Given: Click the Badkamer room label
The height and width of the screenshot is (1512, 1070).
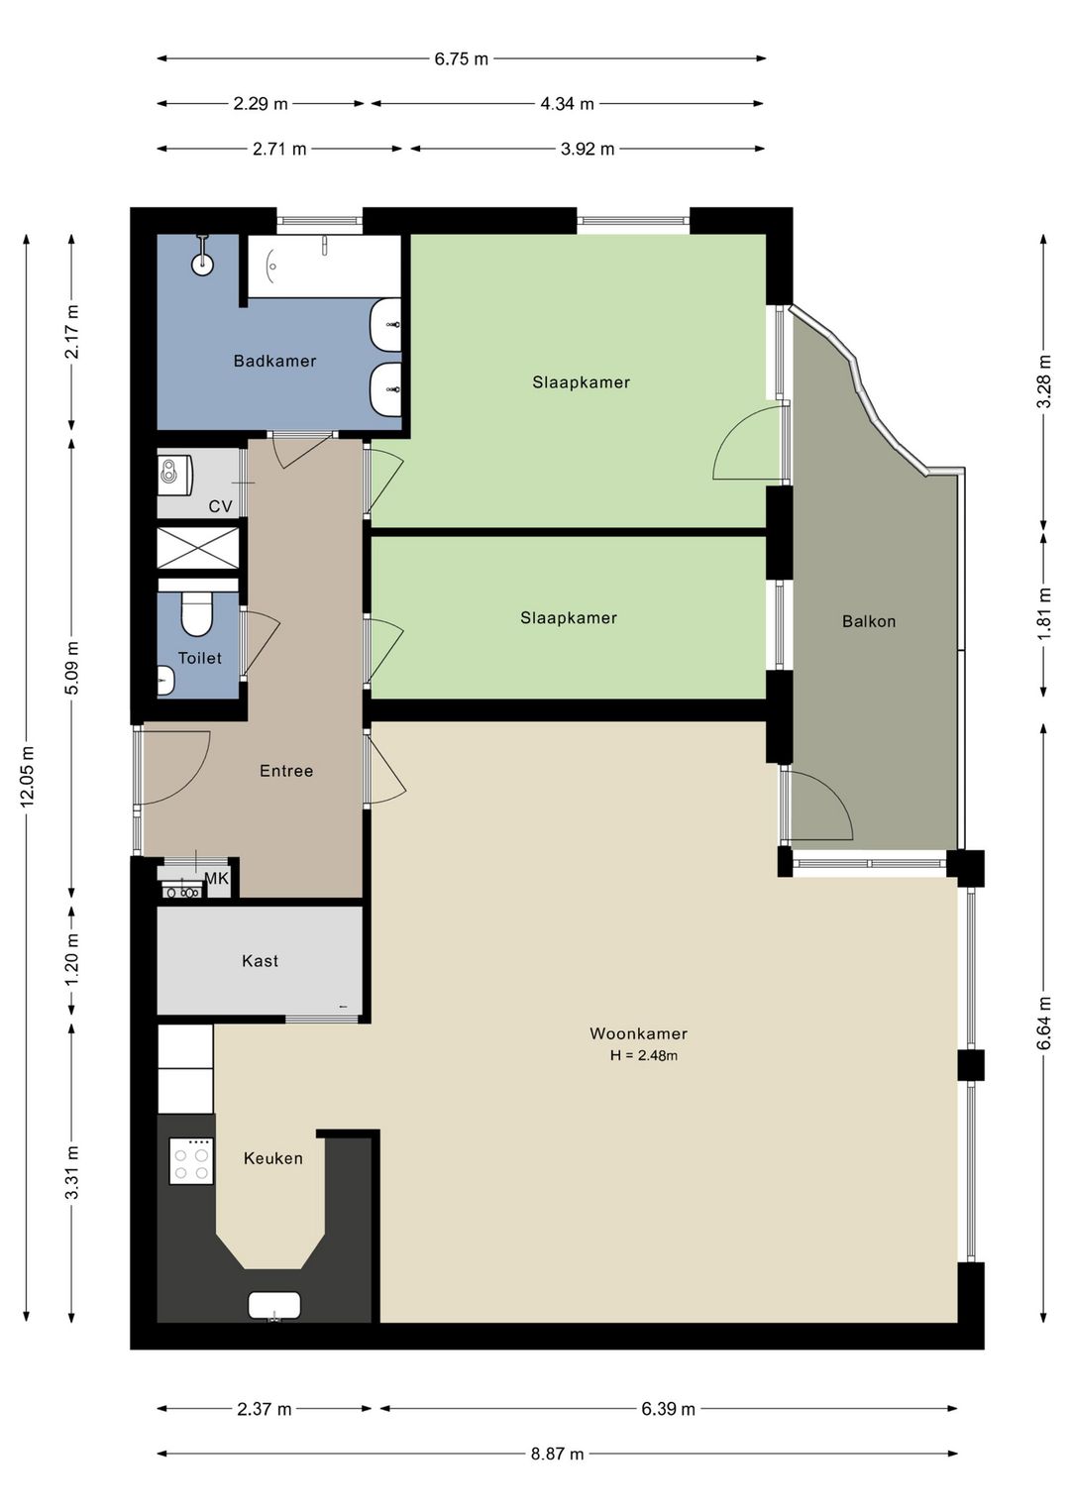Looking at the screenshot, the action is pos(274,361).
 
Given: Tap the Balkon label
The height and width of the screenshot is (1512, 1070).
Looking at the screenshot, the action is pos(869,621).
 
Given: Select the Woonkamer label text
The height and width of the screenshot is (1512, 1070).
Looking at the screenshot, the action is pos(639,1032).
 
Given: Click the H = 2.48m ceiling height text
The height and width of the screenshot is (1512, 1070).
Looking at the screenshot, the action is pos(643,1055).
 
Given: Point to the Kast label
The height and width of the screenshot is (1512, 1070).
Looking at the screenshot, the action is pos(260,960).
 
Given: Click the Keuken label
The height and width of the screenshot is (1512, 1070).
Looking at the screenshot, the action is pos(272,1158).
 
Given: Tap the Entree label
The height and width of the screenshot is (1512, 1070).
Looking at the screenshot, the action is pos(286,771).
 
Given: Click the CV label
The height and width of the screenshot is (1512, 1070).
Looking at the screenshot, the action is pos(220,506).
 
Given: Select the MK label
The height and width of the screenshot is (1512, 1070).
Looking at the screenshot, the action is pos(217,878).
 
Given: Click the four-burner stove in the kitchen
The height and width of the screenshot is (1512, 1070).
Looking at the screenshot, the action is pos(191,1159).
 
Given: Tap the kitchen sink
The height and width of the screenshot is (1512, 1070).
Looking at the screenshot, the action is pos(274,1306).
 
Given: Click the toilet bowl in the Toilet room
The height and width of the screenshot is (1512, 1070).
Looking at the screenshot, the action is pos(196,613).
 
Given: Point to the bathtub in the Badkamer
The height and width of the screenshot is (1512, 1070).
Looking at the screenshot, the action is pos(323,266).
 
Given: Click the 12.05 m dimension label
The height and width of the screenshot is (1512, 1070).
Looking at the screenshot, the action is pos(27,776).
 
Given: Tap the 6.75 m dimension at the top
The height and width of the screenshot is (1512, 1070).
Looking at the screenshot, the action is pos(461,58).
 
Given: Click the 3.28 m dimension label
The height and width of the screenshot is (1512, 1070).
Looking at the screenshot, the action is pos(1044,380).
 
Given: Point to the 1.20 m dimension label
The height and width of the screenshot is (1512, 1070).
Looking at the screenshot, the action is pos(72,959).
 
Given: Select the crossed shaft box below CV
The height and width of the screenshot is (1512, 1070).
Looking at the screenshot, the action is pos(198,547).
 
